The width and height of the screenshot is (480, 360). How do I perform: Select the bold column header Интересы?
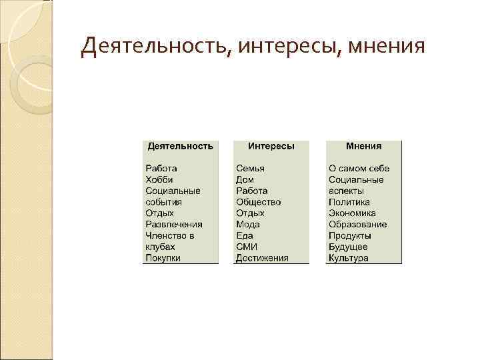pyautogui.click(x=271, y=145)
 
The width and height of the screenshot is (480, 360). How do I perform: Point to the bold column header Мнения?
pyautogui.click(x=364, y=145)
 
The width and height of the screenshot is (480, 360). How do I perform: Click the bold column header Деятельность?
pyautogui.click(x=180, y=145)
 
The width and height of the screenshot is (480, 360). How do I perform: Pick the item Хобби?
pyautogui.click(x=159, y=179)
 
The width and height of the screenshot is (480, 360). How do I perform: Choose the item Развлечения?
pyautogui.click(x=174, y=224)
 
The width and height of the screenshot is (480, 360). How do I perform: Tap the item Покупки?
pyautogui.click(x=163, y=258)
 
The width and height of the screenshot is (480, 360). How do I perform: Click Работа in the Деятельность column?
pyautogui.click(x=161, y=168)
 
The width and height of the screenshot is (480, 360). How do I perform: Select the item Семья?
pyautogui.click(x=250, y=168)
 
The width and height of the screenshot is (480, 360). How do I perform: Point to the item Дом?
pyautogui.click(x=245, y=179)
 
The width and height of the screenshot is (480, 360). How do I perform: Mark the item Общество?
pyautogui.click(x=259, y=202)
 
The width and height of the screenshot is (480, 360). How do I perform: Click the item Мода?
pyautogui.click(x=248, y=224)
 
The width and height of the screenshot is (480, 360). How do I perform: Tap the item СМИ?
pyautogui.click(x=246, y=247)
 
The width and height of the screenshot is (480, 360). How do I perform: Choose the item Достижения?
pyautogui.click(x=262, y=258)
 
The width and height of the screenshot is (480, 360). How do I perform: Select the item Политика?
pyautogui.click(x=349, y=202)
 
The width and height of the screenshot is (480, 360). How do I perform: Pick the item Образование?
pyautogui.click(x=357, y=224)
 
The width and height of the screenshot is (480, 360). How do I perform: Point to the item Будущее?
pyautogui.click(x=348, y=247)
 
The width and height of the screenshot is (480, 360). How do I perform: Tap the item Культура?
pyautogui.click(x=348, y=258)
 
